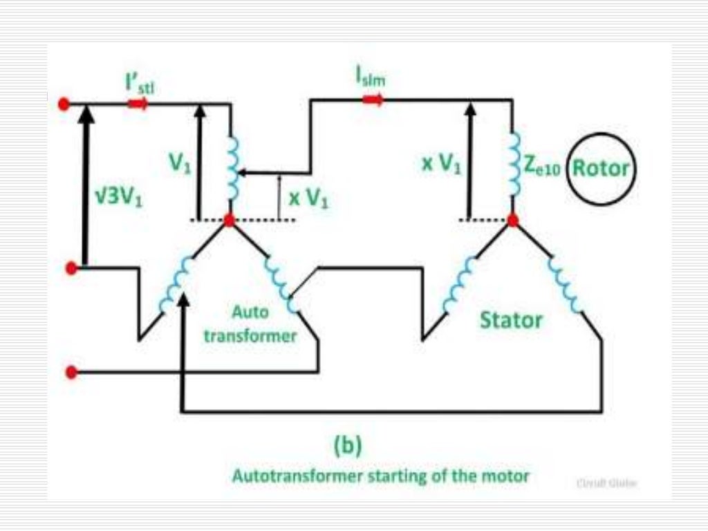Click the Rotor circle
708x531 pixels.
[599, 169]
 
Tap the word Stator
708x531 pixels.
[512, 320]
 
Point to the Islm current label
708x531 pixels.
[371, 78]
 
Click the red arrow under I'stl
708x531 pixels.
[137, 104]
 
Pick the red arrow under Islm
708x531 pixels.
[373, 100]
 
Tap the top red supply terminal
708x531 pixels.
[64, 104]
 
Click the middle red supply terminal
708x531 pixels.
[70, 268]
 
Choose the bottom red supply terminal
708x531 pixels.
[70, 373]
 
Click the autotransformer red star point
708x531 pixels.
[230, 221]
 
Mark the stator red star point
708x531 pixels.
[512, 221]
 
